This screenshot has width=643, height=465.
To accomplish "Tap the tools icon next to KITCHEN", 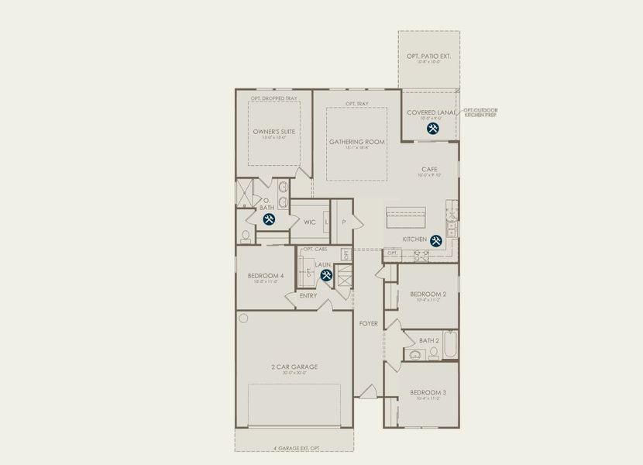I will point(436,241).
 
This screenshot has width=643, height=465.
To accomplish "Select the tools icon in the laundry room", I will point(326,274).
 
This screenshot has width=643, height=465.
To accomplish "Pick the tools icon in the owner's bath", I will point(269,219).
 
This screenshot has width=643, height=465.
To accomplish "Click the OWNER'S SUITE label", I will point(273,132).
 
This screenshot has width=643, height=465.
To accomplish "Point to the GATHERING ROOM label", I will point(356,142).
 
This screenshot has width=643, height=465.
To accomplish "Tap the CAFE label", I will point(429,168).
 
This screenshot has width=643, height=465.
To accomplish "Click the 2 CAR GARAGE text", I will point(294,367).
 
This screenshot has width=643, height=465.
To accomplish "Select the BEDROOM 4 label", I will point(266,276).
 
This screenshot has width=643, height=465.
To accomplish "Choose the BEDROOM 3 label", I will point(428,393).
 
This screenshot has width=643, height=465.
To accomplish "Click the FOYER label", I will point(369,323).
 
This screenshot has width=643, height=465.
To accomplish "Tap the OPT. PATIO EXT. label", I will point(428,57).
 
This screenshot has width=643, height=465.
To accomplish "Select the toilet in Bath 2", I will point(434,354).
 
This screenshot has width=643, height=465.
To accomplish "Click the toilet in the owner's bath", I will point(245,236).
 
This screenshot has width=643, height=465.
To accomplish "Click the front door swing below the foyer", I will point(369,391).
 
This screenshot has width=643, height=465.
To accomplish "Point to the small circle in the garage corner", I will point(244,318).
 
